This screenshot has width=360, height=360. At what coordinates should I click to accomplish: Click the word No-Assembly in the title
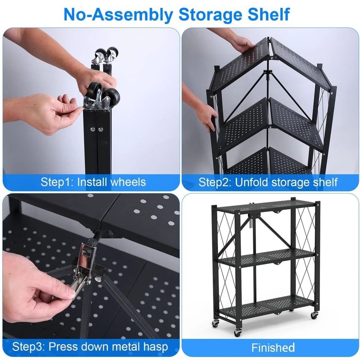pos(117,14)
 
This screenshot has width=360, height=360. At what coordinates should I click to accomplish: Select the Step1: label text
pos(57,182)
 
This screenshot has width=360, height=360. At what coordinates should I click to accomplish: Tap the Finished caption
pos(273,347)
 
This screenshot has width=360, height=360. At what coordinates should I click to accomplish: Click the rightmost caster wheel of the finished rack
pos(314,315)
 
